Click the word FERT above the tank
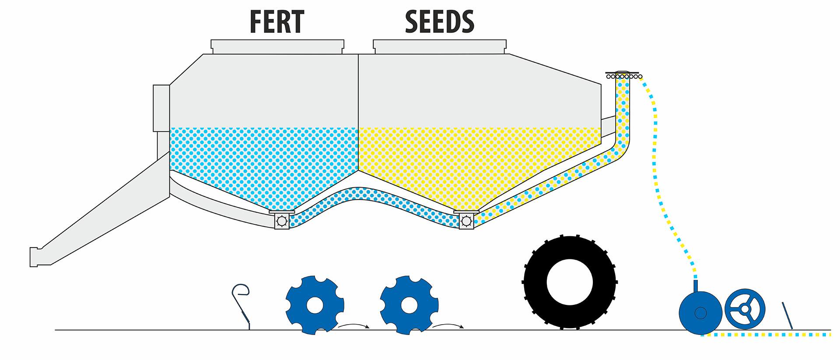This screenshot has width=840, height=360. pos(276,21)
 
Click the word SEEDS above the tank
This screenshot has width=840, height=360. pos(439,21)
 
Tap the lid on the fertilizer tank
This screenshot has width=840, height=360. pos(277,47)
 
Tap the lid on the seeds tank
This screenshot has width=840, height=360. pos(440,47)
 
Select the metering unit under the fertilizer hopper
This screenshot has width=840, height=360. pos(281,220)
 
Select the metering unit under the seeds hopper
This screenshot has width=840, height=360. pos(466,220)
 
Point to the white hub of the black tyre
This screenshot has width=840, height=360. pos(570,283)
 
